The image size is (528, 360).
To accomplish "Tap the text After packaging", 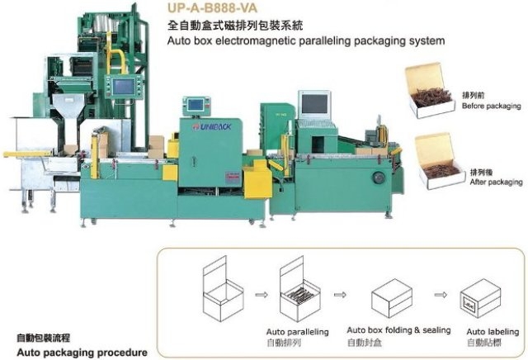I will [x=495, y=181].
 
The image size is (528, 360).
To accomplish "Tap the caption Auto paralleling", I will [x=297, y=331].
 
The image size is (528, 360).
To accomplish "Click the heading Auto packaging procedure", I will [x=75, y=351].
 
